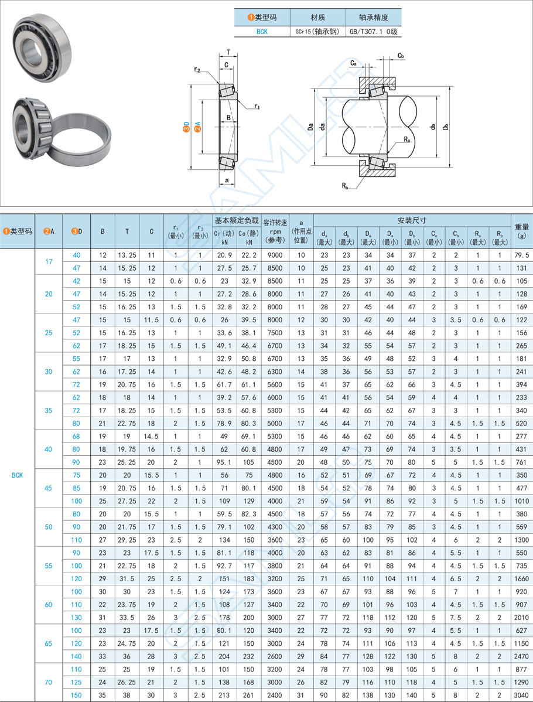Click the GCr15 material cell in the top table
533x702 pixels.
click(x=317, y=32)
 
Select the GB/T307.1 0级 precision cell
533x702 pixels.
click(x=373, y=32)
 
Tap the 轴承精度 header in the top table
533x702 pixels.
click(x=373, y=18)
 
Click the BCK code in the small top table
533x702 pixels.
click(x=262, y=32)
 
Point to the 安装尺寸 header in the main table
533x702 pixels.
click(x=412, y=220)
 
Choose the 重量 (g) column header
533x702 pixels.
click(x=521, y=231)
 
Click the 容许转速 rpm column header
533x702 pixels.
click(x=275, y=231)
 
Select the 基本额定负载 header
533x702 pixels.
click(x=236, y=220)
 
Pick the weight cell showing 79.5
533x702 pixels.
click(x=521, y=255)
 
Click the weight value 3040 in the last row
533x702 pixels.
click(x=521, y=695)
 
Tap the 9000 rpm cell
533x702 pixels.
click(x=275, y=255)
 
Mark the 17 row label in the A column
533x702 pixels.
click(x=49, y=261)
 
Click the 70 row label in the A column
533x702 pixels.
click(x=49, y=682)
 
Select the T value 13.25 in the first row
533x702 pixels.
click(x=127, y=255)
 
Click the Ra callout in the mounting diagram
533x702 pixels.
click(x=406, y=139)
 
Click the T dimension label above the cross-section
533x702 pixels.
click(x=228, y=52)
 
